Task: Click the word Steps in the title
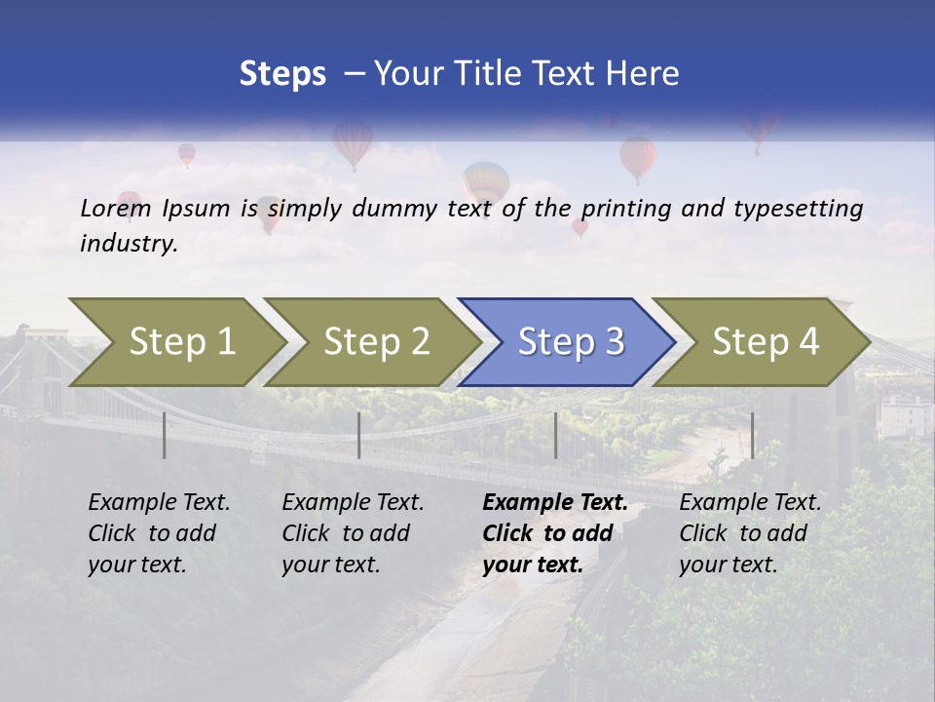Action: pos(282,74)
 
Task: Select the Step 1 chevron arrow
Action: pos(175,342)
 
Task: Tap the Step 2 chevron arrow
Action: pos(375,342)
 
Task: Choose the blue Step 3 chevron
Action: pos(569,342)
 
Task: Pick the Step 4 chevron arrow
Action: pos(765,342)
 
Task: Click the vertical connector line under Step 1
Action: pos(165,435)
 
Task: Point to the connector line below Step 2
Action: pos(359,435)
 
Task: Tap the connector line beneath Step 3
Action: pos(555,435)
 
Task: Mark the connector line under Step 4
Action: pos(752,435)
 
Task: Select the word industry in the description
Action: pos(129,244)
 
